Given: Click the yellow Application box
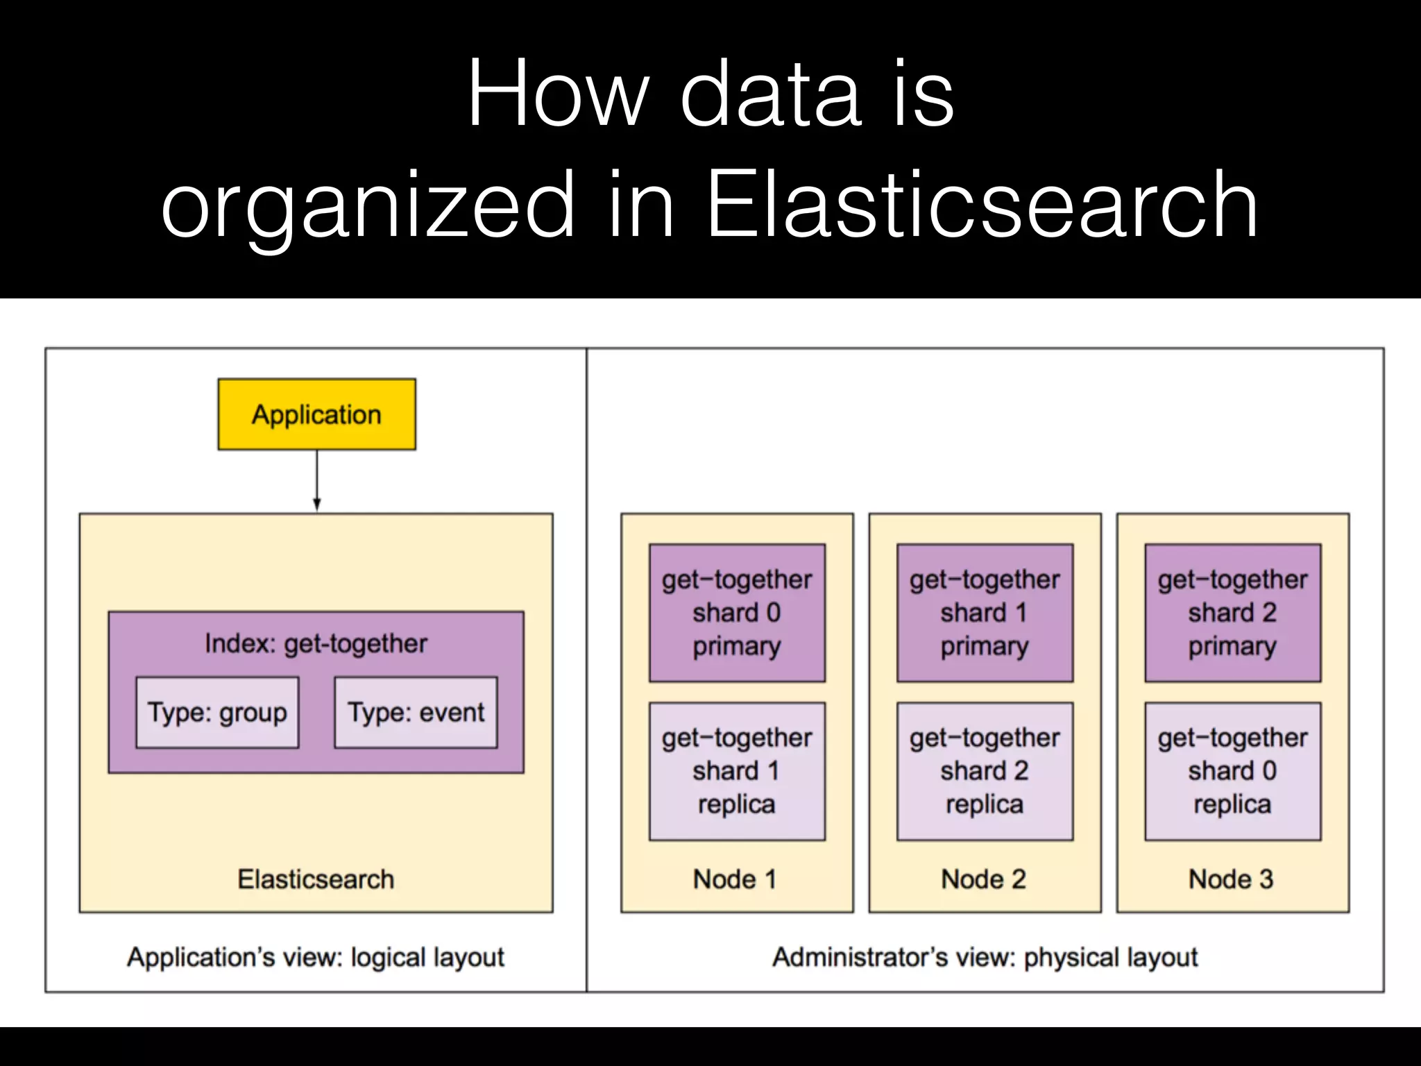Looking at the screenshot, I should (x=316, y=414).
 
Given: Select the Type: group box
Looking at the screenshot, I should (x=217, y=713).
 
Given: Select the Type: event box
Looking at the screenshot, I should (x=416, y=713).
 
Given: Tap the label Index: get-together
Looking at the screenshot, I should (x=316, y=644).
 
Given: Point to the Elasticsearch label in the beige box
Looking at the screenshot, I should (x=316, y=879).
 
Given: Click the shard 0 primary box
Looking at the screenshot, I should (x=737, y=613).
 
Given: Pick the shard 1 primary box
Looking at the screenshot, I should (x=985, y=613).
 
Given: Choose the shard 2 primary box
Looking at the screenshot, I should (x=1232, y=613).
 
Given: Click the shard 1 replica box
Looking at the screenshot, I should (x=737, y=771).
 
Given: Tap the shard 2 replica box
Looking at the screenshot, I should (x=985, y=771).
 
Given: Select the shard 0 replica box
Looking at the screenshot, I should (x=1232, y=771).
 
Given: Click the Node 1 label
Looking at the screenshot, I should (x=735, y=879).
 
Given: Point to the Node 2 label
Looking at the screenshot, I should (x=983, y=879).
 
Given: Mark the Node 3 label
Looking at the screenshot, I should (x=1231, y=879).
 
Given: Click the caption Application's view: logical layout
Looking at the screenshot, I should (x=316, y=958).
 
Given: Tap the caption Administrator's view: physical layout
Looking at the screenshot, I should (x=985, y=958).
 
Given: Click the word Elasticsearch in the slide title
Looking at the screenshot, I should (x=982, y=205).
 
